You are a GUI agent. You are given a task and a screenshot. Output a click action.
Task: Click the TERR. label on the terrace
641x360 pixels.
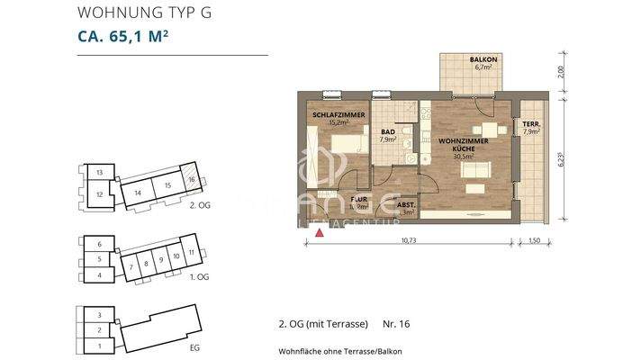(531, 127)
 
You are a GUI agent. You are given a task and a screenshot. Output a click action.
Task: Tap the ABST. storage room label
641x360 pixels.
(406, 206)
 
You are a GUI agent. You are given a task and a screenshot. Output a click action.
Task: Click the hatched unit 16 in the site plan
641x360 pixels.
(191, 178)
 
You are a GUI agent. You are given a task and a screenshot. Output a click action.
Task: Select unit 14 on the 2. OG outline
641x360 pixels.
(138, 192)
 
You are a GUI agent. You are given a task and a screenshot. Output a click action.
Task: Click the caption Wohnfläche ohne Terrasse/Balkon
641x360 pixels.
(340, 350)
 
